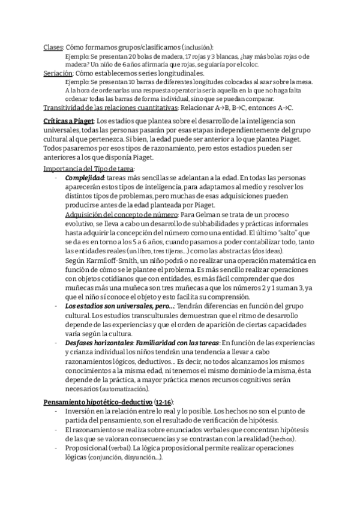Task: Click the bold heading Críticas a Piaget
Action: point(68,122)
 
